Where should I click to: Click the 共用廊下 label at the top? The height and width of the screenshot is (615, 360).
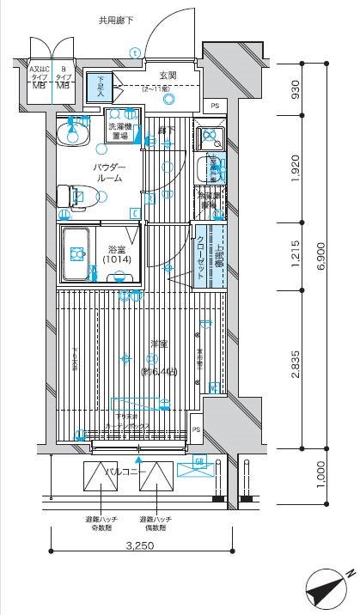pyautogui.click(x=115, y=20)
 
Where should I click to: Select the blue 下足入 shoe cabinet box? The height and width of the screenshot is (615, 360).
pyautogui.click(x=99, y=86)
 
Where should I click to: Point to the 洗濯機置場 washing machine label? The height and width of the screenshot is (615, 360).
pyautogui.click(x=119, y=131)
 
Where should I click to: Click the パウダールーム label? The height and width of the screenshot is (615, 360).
pyautogui.click(x=108, y=172)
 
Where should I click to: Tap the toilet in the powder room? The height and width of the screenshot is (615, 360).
pyautogui.click(x=72, y=197)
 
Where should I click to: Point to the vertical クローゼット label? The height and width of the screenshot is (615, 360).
pyautogui.click(x=200, y=253)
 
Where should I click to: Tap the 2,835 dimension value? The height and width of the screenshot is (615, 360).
pyautogui.click(x=294, y=364)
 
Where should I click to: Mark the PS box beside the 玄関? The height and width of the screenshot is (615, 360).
pyautogui.click(x=215, y=106)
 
